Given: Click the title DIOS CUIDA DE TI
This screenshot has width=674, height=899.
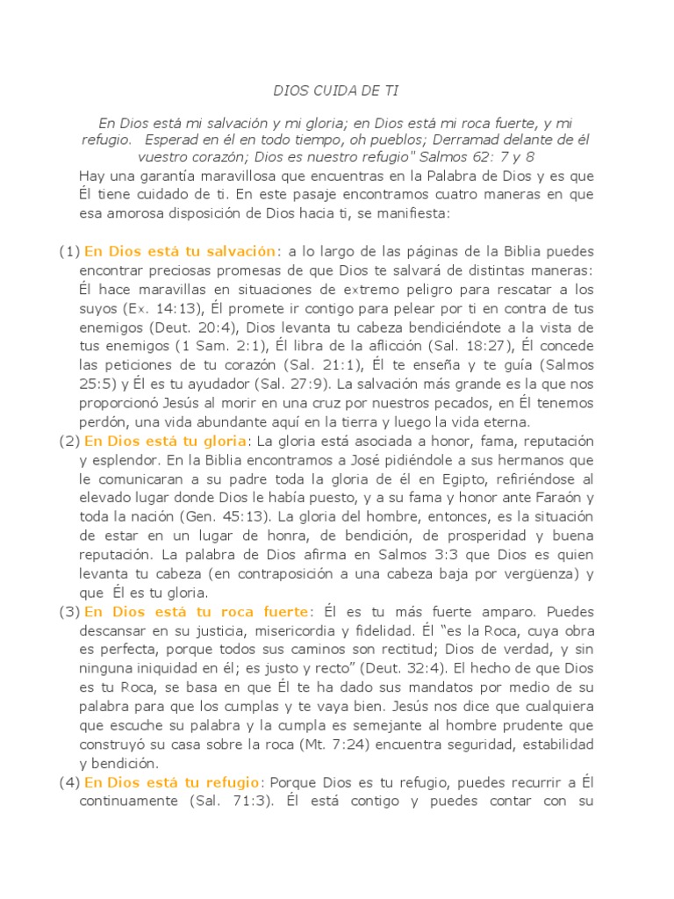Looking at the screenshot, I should coord(337,90).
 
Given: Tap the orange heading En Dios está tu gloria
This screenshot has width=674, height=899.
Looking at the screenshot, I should coord(166,440).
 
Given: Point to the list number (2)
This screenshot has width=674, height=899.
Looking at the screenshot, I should coord(69,440).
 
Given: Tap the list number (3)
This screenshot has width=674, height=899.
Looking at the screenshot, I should coord(69,611).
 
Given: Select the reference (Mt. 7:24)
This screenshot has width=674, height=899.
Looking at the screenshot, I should coord(319,744).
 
